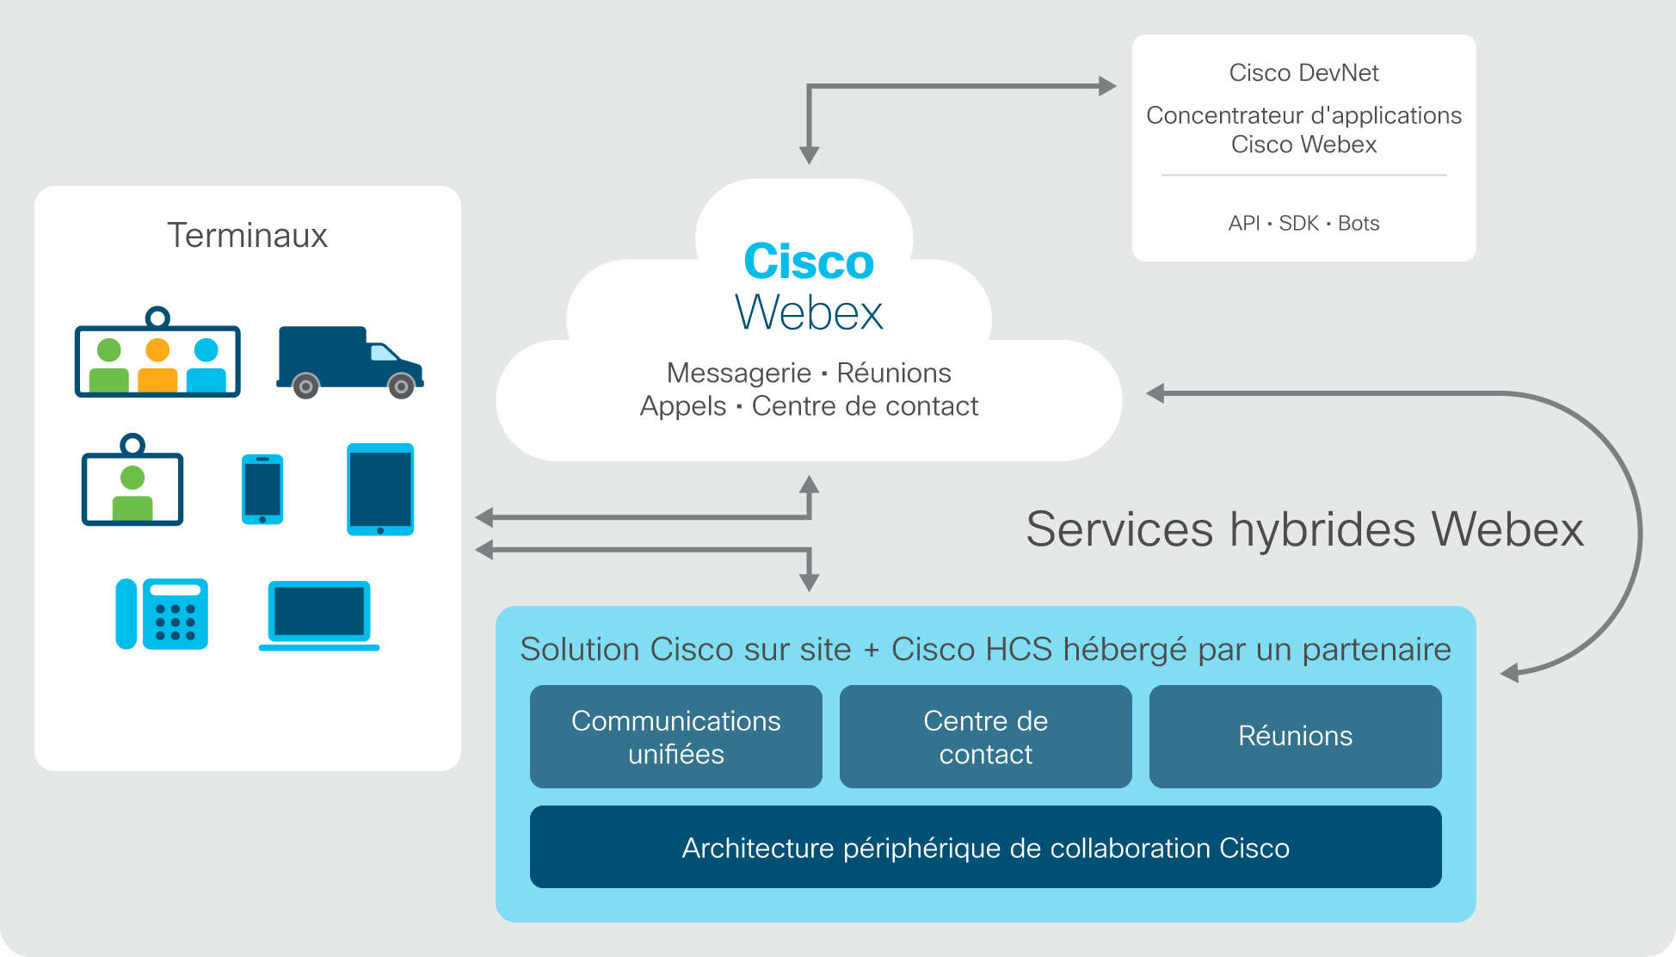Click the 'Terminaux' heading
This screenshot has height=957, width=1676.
pyautogui.click(x=247, y=235)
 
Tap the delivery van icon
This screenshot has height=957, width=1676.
pyautogui.click(x=349, y=362)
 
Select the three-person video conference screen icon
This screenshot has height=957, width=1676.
pyautogui.click(x=157, y=352)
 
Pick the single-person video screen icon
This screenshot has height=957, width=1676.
pyautogui.click(x=132, y=479)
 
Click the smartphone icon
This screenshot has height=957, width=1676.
pyautogui.click(x=262, y=489)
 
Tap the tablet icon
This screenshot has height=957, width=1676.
pyautogui.click(x=380, y=489)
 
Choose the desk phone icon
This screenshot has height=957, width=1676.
pyautogui.click(x=162, y=614)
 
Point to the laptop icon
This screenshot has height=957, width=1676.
pyautogui.click(x=319, y=615)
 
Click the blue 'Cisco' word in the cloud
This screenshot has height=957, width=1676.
pyautogui.click(x=809, y=261)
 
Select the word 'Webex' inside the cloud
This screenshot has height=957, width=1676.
pyautogui.click(x=809, y=312)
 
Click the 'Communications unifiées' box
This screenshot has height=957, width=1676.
pyautogui.click(x=676, y=737)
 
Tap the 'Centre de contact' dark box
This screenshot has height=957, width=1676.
pyautogui.click(x=986, y=737)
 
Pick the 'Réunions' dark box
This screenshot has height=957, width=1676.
pyautogui.click(x=1296, y=737)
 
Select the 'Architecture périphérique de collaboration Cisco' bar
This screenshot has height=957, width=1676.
pyautogui.click(x=986, y=847)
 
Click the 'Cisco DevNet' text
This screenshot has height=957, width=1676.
pyautogui.click(x=1303, y=73)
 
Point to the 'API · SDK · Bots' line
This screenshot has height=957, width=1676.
pyautogui.click(x=1303, y=224)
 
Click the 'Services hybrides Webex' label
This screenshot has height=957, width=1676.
pyautogui.click(x=1304, y=528)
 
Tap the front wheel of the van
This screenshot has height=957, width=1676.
pyautogui.click(x=401, y=386)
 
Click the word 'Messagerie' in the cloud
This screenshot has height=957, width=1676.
pyautogui.click(x=739, y=374)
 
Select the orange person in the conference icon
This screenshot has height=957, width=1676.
pyautogui.click(x=157, y=365)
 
